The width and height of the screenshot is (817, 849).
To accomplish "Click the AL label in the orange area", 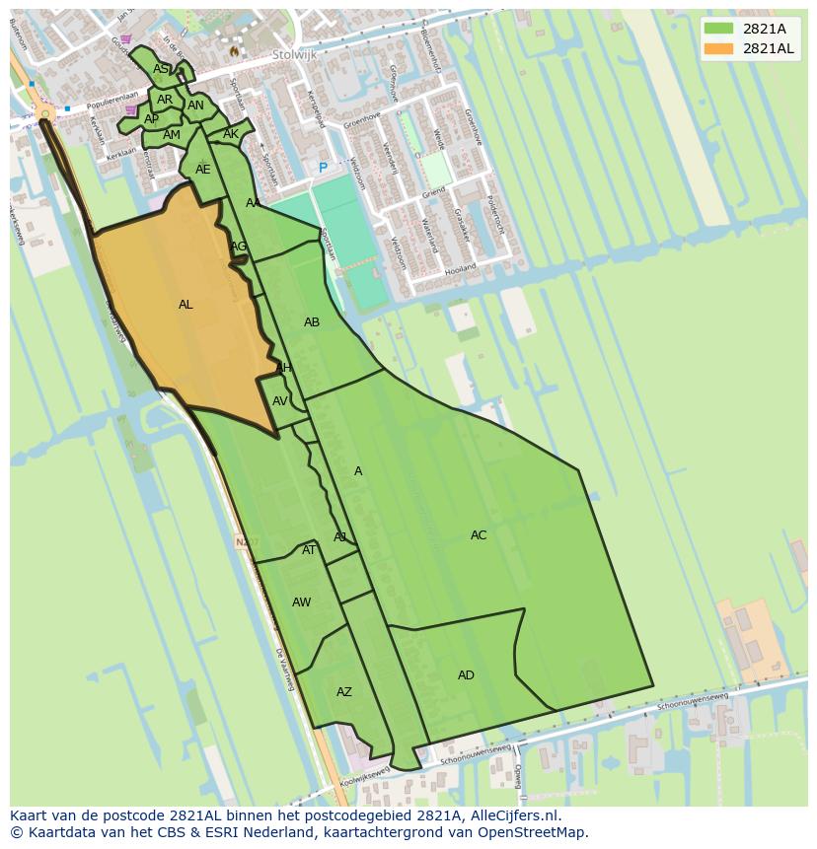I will pos(186,305).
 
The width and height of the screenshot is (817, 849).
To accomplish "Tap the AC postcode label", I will pos(479,535).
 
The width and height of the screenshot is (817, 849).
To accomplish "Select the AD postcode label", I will pos(466,675).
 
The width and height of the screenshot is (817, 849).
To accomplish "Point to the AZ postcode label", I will pos(343,692).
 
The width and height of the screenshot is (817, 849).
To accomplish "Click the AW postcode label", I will pos(301,602).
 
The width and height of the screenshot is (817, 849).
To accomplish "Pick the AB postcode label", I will pos(312,322).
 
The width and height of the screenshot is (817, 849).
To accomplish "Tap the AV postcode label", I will pos(280,401).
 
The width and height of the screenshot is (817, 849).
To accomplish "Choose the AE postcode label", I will pos(202,170).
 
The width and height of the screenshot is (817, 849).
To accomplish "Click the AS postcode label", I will pos(160,69).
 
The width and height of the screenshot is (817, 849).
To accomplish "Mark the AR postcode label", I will pos(165,100).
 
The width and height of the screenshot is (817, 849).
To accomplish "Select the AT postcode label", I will pos(309,550).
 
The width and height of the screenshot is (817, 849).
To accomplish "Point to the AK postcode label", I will pos(231,134).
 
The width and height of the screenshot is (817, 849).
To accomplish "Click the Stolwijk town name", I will pos(295,55).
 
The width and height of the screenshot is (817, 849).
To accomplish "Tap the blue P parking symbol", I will pos(323,169).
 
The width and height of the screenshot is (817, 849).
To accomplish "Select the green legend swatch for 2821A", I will pos(719,29).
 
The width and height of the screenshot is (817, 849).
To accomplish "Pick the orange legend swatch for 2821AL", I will pos(719,48).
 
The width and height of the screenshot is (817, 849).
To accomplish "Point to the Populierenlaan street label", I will pos(110,105).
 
